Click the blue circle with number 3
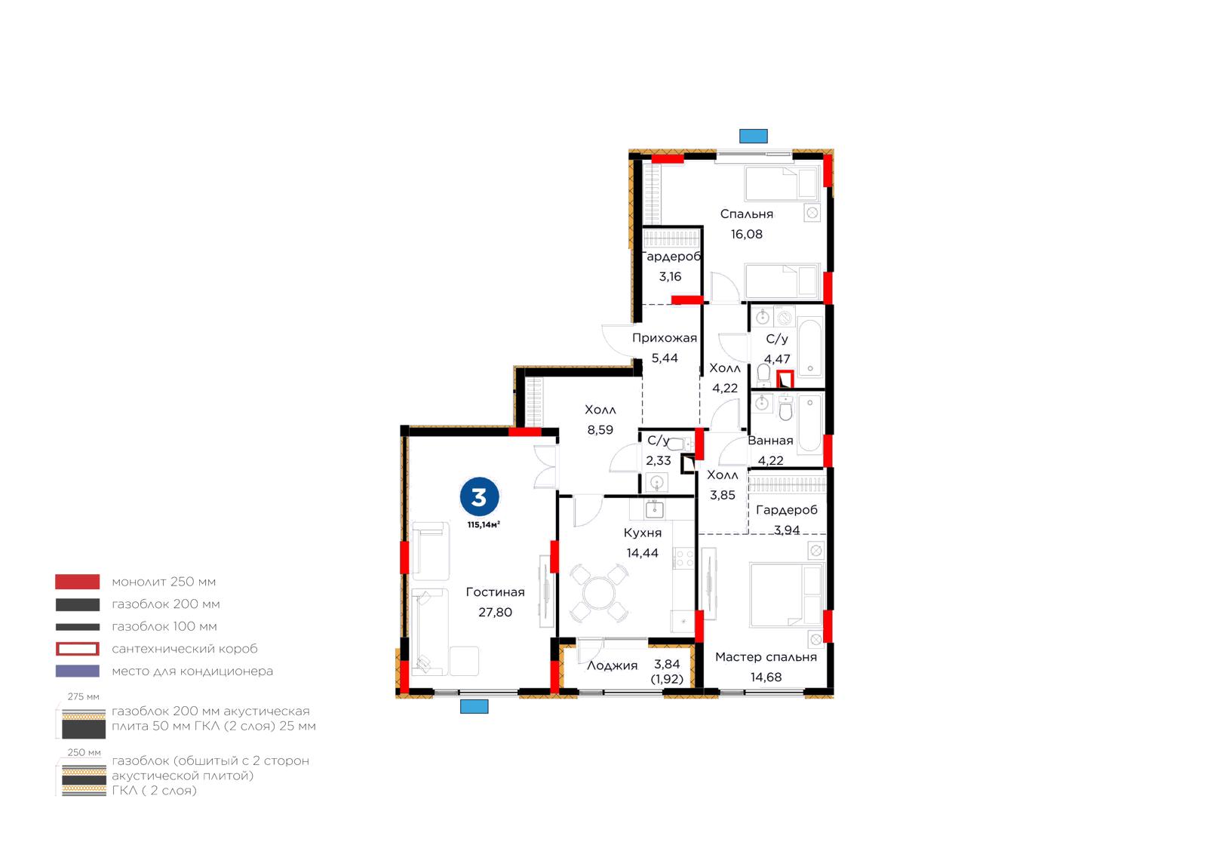pos(479,496)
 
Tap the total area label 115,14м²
pos(484,525)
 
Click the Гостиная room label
pos(495,592)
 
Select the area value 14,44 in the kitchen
pos(642,553)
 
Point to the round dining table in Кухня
pos(599,592)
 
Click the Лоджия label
pos(612,665)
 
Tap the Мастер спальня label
pos(766,656)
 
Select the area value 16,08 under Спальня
pos(746,235)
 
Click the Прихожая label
pos(665,338)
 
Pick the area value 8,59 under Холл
pos(600,430)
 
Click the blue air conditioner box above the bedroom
pos(753,136)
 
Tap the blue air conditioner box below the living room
pos(474,706)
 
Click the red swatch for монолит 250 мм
pos(77,582)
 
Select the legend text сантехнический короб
pos(184,649)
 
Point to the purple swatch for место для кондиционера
pos(77,671)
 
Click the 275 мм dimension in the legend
pos(83,696)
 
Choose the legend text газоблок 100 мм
pos(164,627)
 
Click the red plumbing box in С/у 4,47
pos(785,379)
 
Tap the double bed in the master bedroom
pos(786,595)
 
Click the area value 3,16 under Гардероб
pos(670,277)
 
